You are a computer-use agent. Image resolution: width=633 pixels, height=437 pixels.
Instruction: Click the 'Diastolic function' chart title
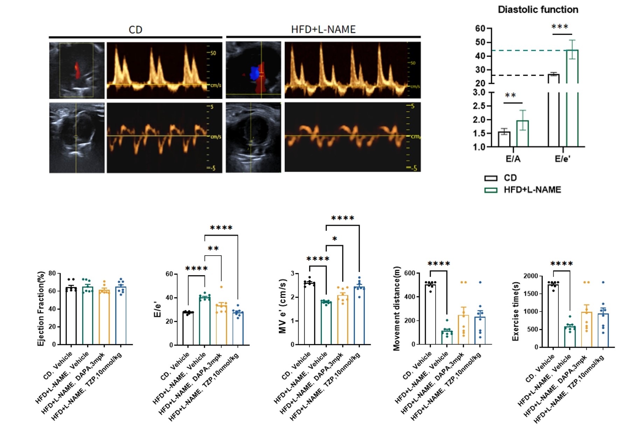tap(538, 10)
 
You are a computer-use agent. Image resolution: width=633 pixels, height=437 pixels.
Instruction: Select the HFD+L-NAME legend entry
tap(532, 190)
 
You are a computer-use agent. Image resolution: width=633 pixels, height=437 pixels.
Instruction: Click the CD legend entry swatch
tap(491, 178)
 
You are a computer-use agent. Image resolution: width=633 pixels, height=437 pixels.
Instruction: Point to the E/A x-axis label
tap(513, 159)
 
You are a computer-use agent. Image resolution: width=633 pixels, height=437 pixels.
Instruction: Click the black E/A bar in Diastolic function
tap(504, 139)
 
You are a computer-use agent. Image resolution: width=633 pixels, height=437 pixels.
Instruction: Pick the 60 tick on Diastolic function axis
tap(480, 28)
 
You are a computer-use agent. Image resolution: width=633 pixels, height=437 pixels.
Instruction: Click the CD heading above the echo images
tap(135, 30)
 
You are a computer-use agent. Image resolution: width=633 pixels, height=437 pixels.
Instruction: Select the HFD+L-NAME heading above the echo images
tap(323, 29)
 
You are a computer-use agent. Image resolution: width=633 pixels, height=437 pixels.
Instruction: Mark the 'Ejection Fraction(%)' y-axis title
tap(41, 308)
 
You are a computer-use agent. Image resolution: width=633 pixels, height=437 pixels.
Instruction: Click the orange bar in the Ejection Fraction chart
tap(104, 317)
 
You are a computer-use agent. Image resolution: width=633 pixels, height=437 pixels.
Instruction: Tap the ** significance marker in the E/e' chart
tap(213, 249)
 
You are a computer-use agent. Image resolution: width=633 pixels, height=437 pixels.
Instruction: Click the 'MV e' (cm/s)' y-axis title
tap(283, 306)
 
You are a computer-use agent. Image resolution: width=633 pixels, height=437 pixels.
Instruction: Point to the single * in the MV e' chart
tap(335, 239)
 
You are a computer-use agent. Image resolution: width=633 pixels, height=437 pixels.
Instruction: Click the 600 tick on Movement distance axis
tap(410, 273)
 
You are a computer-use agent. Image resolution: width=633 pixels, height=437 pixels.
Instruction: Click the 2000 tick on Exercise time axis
tap(530, 276)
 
